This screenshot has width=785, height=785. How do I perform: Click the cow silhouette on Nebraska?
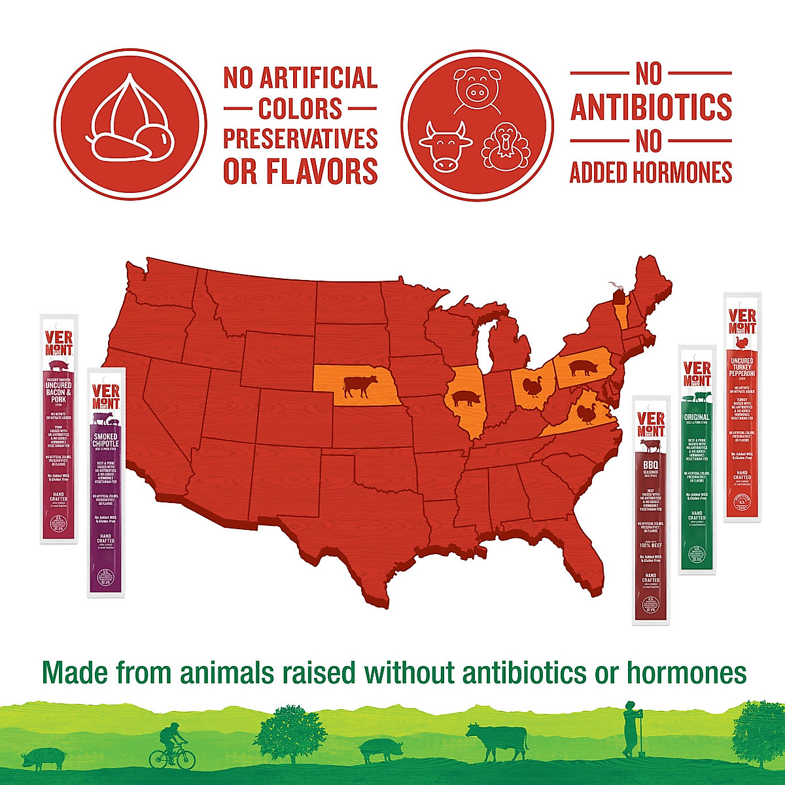pyautogui.click(x=360, y=386)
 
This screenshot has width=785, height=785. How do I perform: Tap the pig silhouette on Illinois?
pyautogui.click(x=466, y=398)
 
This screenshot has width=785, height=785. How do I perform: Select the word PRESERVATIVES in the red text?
pyautogui.click(x=300, y=139)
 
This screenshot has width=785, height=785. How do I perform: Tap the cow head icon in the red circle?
pyautogui.click(x=445, y=145)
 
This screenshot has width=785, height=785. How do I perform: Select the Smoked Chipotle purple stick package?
pyautogui.click(x=105, y=483)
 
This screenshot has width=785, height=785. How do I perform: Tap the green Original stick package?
pyautogui.click(x=697, y=459)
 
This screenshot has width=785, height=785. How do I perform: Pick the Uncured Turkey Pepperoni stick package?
pyautogui.click(x=742, y=407)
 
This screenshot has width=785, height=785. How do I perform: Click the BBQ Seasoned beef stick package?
pyautogui.click(x=651, y=510)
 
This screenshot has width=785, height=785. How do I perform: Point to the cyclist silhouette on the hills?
pyautogui.click(x=172, y=747)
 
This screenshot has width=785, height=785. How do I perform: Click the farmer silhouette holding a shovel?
pyautogui.click(x=630, y=729)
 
